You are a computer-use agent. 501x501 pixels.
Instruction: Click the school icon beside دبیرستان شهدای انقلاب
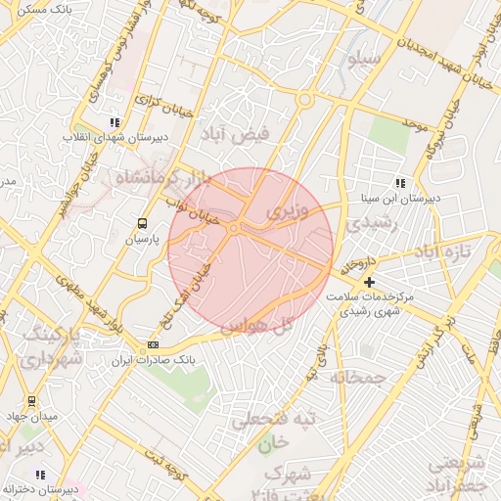[114, 123]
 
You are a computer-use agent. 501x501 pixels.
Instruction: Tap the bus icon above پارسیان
[143, 223]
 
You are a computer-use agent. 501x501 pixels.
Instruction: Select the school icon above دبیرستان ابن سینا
[399, 182]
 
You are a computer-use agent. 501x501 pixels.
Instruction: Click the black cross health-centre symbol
[368, 283]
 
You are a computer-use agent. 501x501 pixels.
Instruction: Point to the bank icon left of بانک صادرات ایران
[153, 345]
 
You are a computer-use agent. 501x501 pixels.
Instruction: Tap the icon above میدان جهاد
[31, 400]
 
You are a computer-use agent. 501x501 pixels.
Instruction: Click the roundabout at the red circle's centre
[235, 228]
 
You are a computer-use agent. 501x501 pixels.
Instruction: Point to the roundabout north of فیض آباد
[305, 100]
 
